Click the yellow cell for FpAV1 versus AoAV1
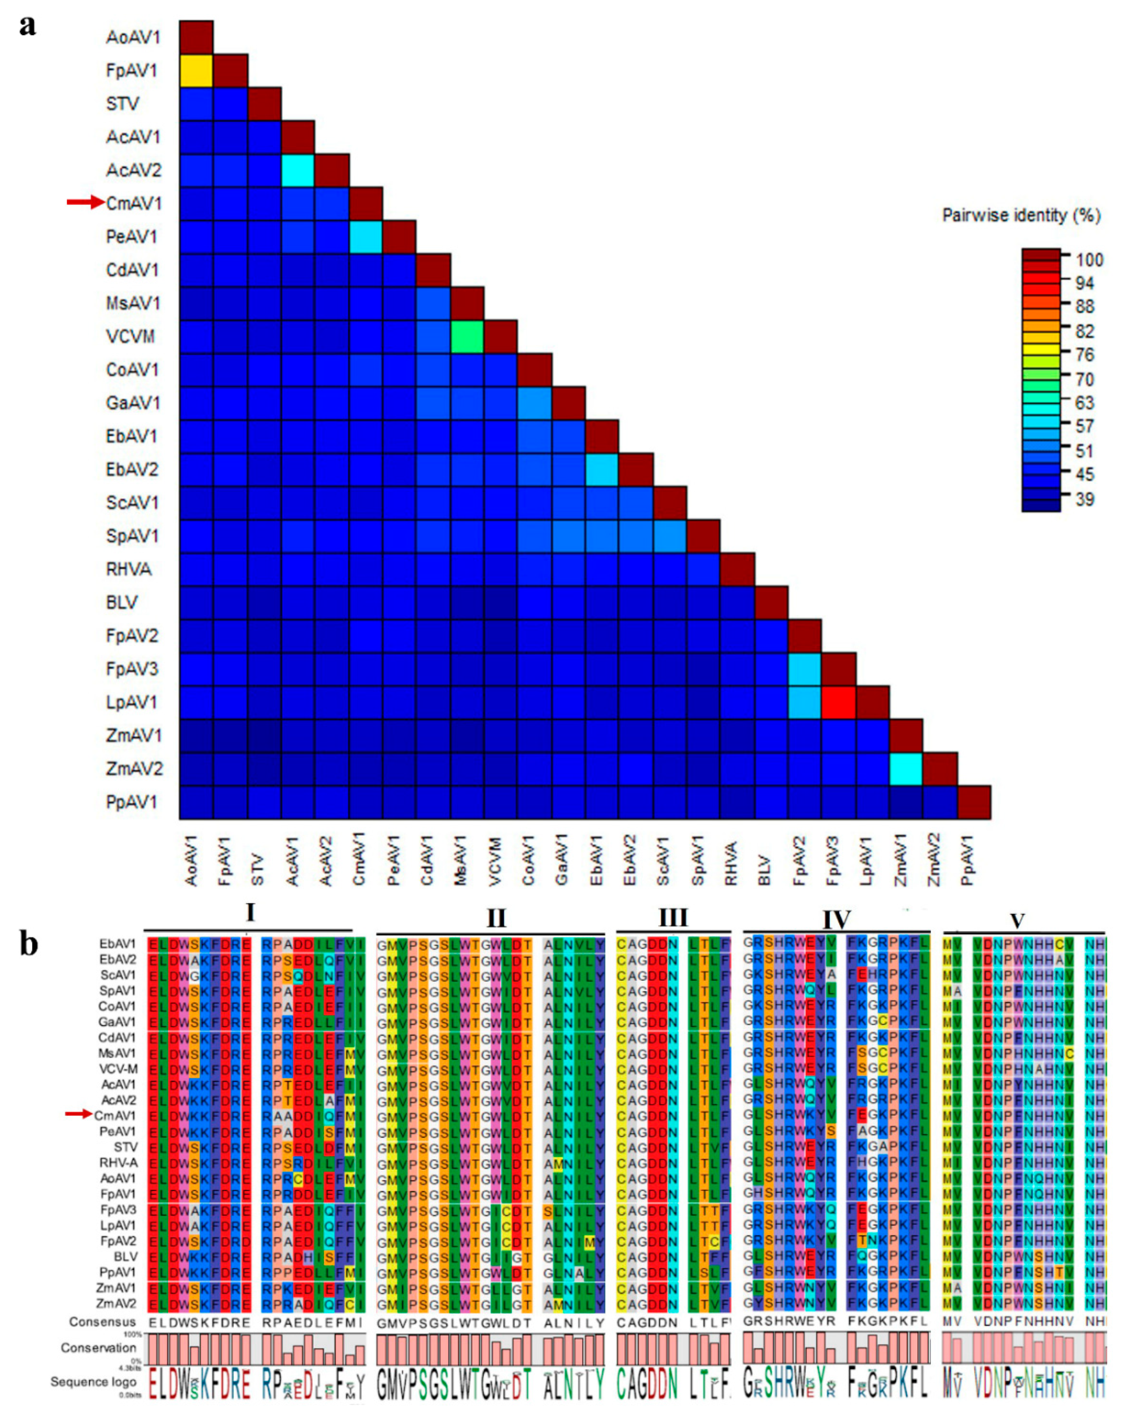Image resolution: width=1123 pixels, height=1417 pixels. coord(196,70)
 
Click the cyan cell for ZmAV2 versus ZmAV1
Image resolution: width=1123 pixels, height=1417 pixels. coord(906,768)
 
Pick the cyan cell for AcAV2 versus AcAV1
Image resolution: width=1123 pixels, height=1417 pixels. coord(298,170)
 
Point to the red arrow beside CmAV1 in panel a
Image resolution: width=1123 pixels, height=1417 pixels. coord(85,202)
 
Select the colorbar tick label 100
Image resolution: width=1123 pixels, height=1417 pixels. coord(1089,260)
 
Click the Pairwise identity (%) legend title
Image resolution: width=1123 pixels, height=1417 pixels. coord(1021,215)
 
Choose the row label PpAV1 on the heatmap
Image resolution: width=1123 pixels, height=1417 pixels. coord(132,802)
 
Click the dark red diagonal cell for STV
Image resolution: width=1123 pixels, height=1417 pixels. coord(264,103)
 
